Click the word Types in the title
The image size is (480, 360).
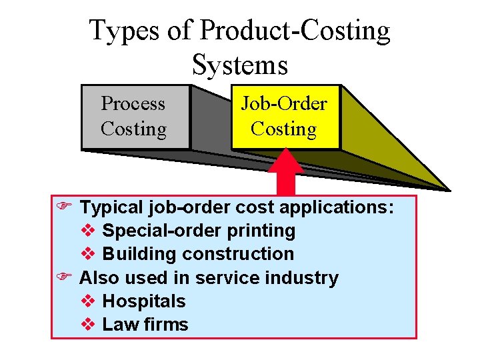pos(123,31)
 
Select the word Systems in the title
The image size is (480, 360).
pos(240,65)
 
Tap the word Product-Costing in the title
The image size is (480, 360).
pos(295,31)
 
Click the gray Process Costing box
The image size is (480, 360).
pos(134,117)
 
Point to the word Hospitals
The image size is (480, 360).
pos(144,301)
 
